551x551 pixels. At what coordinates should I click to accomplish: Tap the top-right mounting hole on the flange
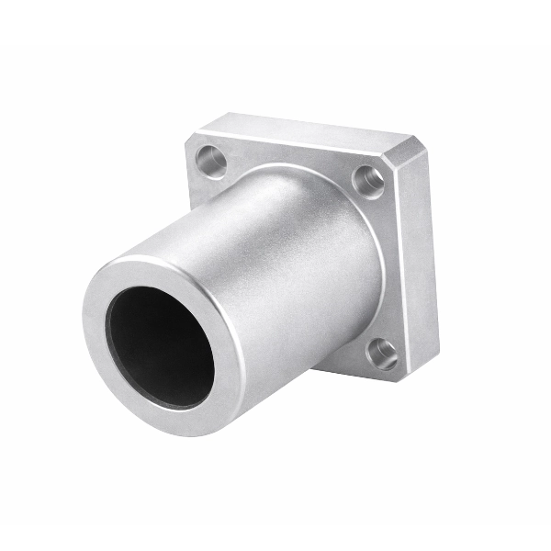pyautogui.click(x=368, y=179)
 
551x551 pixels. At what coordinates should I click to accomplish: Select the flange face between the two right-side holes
pyautogui.click(x=390, y=266)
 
